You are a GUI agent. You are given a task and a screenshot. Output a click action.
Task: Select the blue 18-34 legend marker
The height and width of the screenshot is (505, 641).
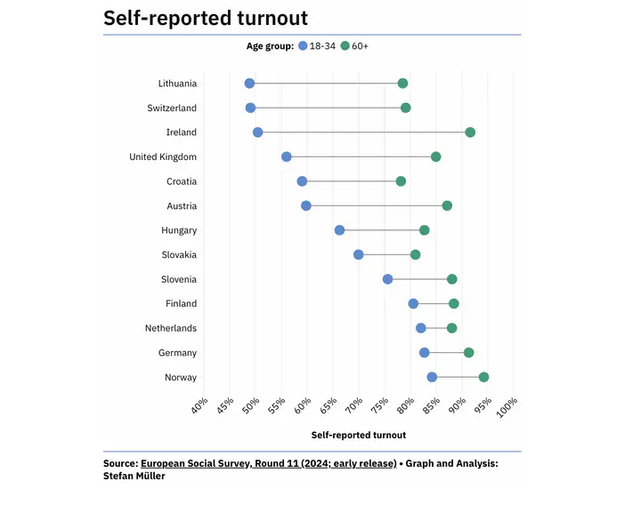[x=303, y=45]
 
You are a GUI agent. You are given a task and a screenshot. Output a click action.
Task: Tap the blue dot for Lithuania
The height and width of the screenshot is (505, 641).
[x=249, y=84]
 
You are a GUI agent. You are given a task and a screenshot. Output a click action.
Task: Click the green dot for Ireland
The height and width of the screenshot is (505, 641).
[x=470, y=132]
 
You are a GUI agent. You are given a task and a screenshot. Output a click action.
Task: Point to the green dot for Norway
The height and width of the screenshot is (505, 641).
[x=483, y=377]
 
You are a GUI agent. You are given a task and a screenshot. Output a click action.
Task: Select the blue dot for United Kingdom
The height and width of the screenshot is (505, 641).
[x=287, y=156]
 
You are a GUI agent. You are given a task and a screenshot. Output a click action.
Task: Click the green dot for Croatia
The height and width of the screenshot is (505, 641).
[x=401, y=181]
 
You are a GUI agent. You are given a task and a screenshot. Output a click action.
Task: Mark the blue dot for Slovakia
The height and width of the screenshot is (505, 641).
[x=359, y=254]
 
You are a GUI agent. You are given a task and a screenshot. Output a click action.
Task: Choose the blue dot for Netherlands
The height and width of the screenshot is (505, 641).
[x=421, y=328]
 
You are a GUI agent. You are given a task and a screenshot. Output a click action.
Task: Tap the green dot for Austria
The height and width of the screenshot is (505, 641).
[x=447, y=205]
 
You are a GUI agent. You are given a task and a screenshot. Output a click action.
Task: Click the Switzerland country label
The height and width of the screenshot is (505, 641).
[x=172, y=108]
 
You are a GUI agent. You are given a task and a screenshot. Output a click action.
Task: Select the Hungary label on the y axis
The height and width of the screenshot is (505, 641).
[x=179, y=230]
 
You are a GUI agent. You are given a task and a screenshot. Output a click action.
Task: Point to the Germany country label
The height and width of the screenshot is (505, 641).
[x=177, y=353]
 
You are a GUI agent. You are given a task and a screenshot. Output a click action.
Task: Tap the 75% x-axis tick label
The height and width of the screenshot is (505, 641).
[x=378, y=406]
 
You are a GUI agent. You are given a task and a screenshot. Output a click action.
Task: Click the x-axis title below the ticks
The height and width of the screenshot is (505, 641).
[x=358, y=436]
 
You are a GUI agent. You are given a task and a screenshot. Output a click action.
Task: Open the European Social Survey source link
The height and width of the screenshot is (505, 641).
[x=268, y=463]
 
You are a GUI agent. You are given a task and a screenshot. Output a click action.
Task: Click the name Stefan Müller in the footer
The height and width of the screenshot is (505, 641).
[x=134, y=476]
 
